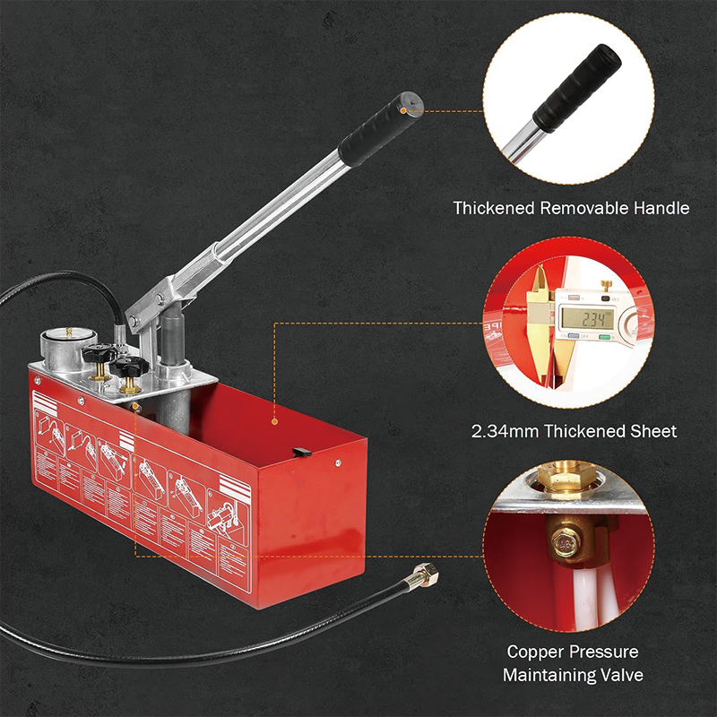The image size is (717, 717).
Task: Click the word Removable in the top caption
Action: [x=581, y=208]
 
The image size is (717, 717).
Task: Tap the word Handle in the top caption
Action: [x=661, y=208]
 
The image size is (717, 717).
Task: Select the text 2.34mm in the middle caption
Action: [x=503, y=431]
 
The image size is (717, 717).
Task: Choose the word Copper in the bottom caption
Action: [x=536, y=652]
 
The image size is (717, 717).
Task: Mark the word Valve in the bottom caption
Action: [x=622, y=674]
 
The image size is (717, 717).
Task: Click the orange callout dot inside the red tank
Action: [x=274, y=419]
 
